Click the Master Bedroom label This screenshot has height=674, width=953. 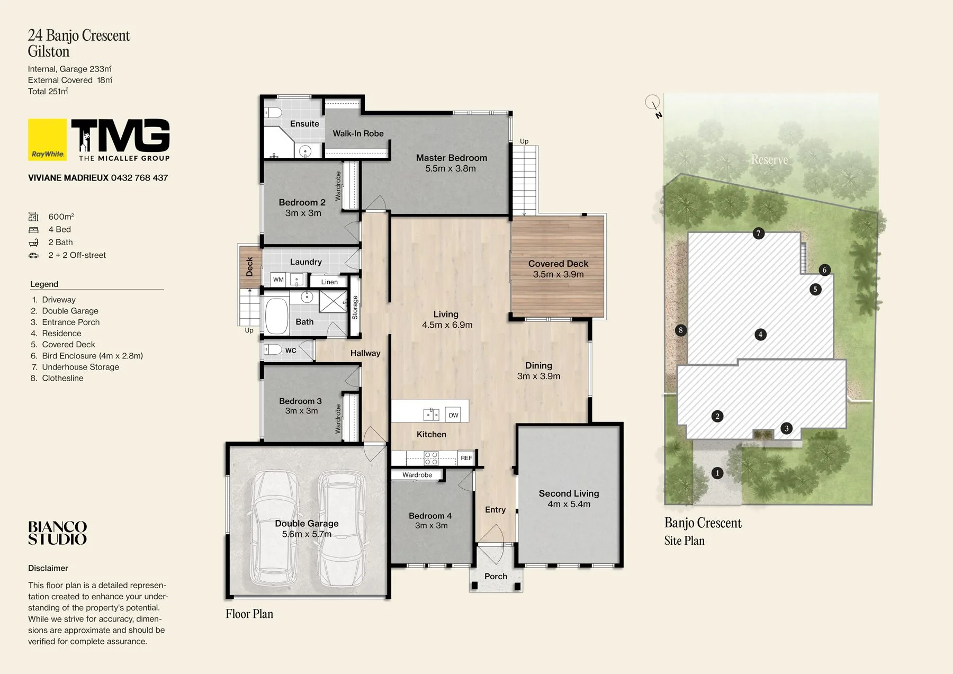(x=452, y=158)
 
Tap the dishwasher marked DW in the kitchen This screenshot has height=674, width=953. (x=453, y=415)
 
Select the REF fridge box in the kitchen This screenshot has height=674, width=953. (x=466, y=458)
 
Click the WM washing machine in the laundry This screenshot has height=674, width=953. (x=278, y=280)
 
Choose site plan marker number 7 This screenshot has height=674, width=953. (x=759, y=233)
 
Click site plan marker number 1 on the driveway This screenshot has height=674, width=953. (x=717, y=473)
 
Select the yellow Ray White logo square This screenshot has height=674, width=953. (x=48, y=139)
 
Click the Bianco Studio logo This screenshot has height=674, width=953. (x=57, y=533)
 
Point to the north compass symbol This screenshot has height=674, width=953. (x=654, y=105)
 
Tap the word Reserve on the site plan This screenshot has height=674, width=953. (x=769, y=159)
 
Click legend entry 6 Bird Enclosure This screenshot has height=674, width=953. (x=87, y=356)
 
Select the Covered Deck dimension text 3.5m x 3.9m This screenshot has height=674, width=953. (x=558, y=274)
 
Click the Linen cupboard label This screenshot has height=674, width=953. (x=329, y=282)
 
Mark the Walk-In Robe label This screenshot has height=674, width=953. (x=358, y=133)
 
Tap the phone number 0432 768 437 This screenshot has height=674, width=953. (x=139, y=178)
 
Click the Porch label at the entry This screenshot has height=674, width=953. (x=496, y=576)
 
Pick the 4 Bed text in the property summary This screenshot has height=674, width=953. (x=59, y=229)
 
